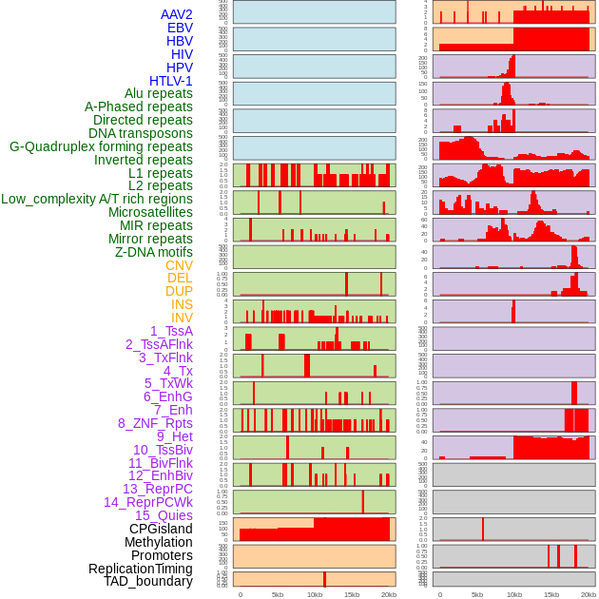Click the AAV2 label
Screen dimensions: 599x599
pos(176,14)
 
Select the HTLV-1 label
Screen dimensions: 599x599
pos(170,81)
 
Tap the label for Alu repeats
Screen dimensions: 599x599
pos(158,94)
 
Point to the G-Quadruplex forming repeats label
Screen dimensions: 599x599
pos(101,146)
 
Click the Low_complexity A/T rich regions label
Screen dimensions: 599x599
pos(96,199)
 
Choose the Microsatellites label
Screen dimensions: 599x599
pos(149,212)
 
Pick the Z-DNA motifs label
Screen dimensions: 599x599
pos(153,252)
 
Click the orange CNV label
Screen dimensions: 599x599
pos(179,265)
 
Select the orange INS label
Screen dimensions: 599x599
pos(182,304)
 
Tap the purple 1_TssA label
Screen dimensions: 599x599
pos(171,331)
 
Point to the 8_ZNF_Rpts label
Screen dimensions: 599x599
pos(155,423)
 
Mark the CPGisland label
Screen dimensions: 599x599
pos(161,529)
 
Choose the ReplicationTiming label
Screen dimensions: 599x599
pos(140,569)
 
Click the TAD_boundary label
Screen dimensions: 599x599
pos(147,581)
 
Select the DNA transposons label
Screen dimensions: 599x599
pos(141,133)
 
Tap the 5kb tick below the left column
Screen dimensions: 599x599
pos(278,594)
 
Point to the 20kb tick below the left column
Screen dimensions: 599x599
pos(388,594)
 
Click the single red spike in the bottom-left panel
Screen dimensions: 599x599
pos(324,579)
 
